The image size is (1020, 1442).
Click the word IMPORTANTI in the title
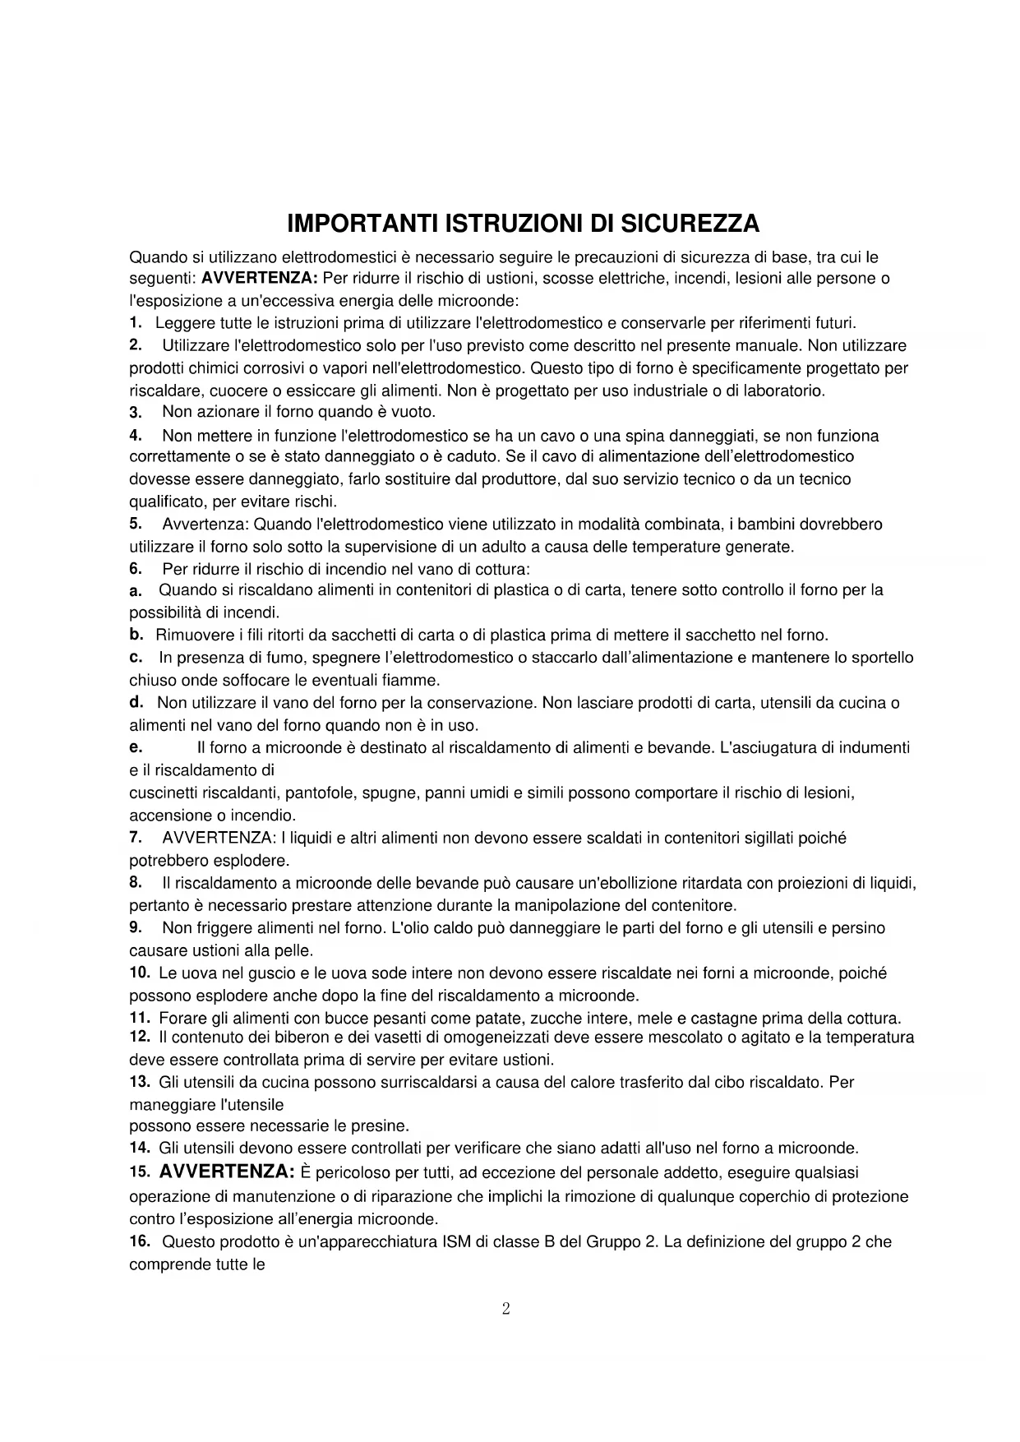tap(362, 224)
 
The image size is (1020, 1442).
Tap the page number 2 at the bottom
tap(505, 1309)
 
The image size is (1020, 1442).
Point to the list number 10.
tap(140, 973)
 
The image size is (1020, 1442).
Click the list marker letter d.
tap(137, 702)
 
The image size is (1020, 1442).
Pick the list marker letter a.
tap(136, 590)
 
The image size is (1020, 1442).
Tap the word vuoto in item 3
tap(414, 411)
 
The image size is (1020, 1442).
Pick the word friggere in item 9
tap(215, 928)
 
